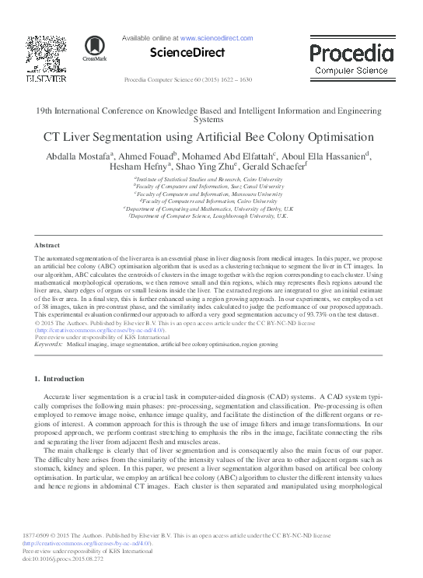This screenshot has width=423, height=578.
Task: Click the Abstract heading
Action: pos(47,245)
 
